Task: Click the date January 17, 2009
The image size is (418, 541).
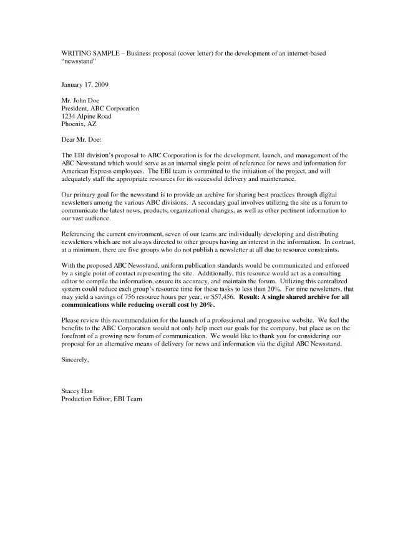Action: click(x=88, y=84)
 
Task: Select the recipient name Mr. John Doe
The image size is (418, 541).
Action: click(x=80, y=100)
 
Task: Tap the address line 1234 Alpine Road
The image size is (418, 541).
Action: click(x=86, y=116)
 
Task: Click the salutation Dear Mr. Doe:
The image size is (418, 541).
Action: click(x=81, y=140)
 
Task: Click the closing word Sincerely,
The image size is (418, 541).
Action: click(x=75, y=360)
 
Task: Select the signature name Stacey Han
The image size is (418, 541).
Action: click(x=77, y=391)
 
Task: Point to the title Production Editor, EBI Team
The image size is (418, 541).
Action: click(x=102, y=399)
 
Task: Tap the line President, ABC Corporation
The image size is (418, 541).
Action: click(x=100, y=108)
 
